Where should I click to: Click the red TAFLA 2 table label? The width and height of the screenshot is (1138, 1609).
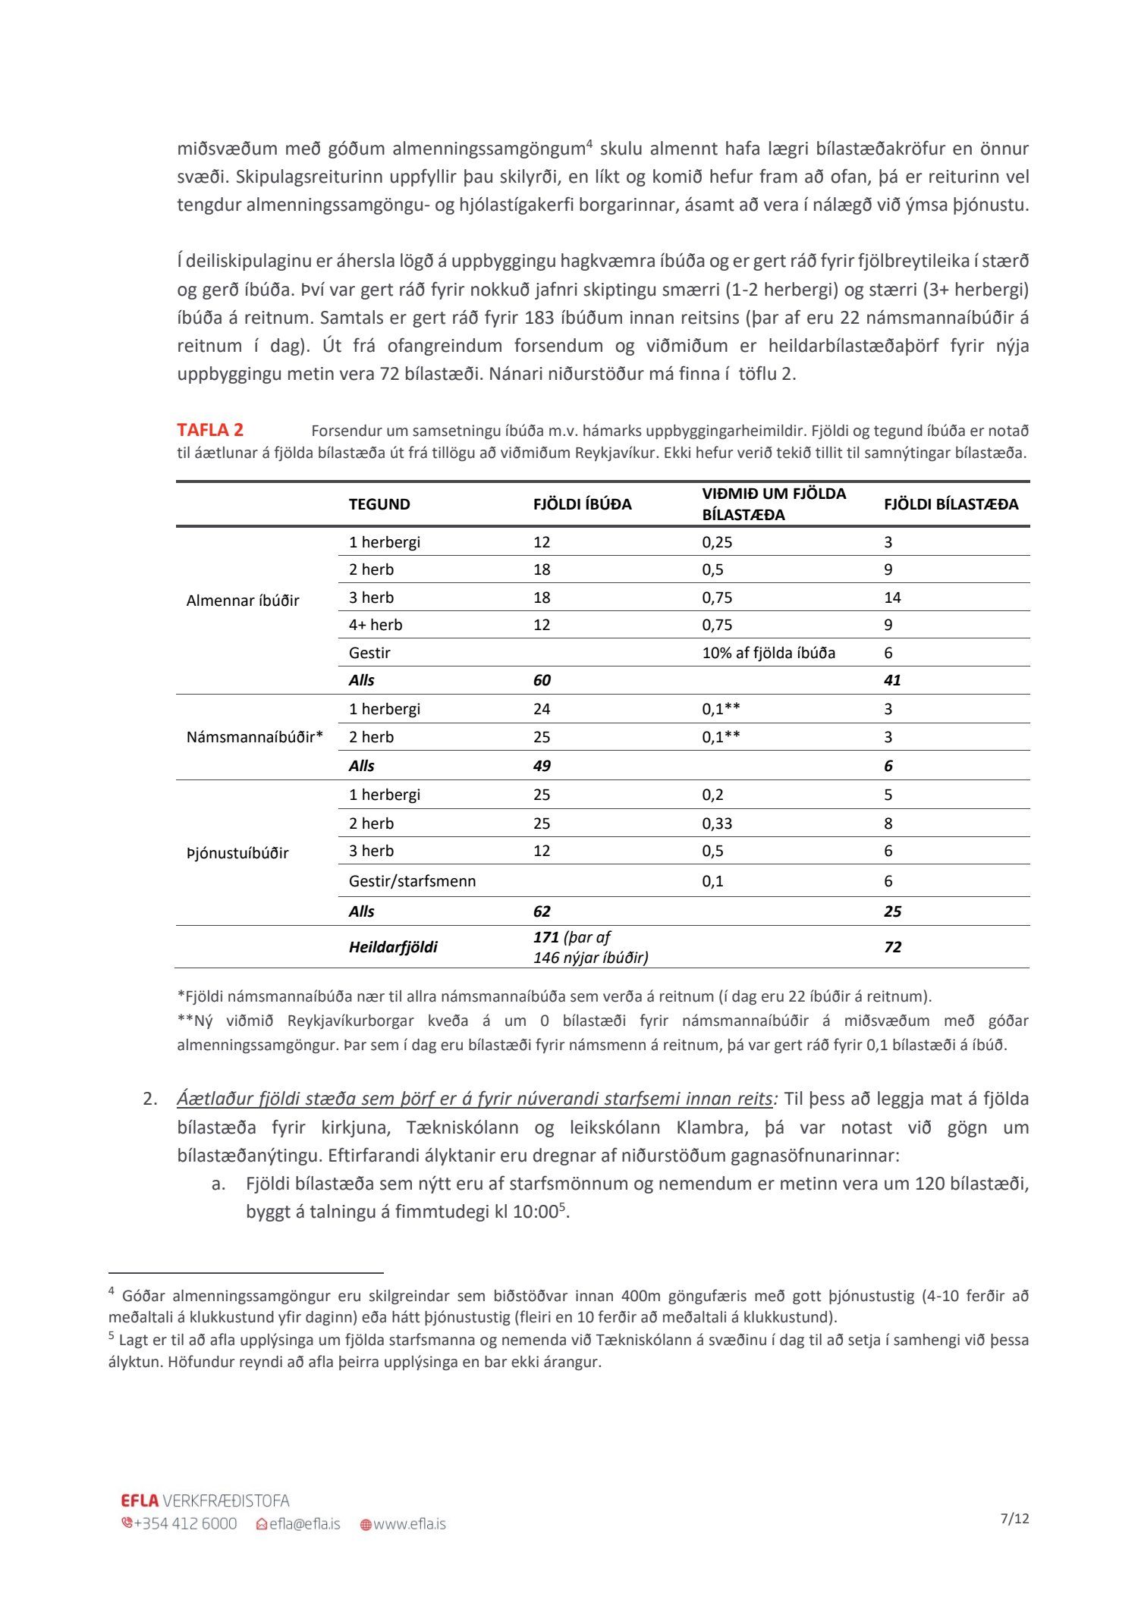(210, 430)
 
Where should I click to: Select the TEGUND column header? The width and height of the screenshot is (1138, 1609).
(379, 504)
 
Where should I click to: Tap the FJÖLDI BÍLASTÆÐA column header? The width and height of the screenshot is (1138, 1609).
(951, 504)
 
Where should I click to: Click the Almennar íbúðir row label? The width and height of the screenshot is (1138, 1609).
(243, 601)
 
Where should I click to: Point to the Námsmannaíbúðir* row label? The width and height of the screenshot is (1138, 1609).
(255, 737)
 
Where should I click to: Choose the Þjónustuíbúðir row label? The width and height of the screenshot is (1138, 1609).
(237, 853)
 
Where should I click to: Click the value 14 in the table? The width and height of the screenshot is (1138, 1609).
(892, 597)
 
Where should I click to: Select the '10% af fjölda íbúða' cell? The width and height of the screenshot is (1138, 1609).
(769, 653)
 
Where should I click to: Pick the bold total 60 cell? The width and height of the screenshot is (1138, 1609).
(542, 680)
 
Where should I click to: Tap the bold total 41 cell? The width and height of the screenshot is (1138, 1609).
(892, 680)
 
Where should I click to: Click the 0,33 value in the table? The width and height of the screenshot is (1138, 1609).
(717, 823)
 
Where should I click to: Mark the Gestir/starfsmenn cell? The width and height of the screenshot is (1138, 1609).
(412, 881)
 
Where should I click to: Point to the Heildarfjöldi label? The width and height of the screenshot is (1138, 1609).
(393, 947)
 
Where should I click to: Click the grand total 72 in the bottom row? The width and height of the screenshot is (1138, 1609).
(892, 947)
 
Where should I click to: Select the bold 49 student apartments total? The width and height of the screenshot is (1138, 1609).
(542, 766)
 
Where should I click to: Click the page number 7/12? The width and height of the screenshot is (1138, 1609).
(1014, 1519)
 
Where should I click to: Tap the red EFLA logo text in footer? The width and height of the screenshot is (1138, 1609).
(140, 1501)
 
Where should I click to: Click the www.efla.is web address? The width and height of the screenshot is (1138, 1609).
(409, 1524)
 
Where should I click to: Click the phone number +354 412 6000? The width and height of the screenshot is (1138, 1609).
(184, 1524)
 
